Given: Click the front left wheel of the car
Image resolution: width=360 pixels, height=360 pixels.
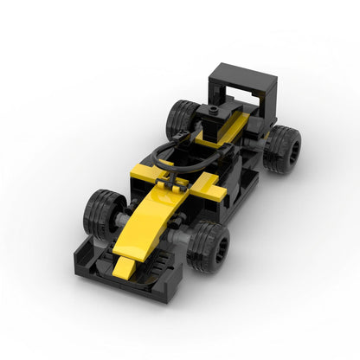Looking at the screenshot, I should [105, 213].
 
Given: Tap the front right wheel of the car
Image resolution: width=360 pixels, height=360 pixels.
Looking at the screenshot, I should [211, 246].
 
